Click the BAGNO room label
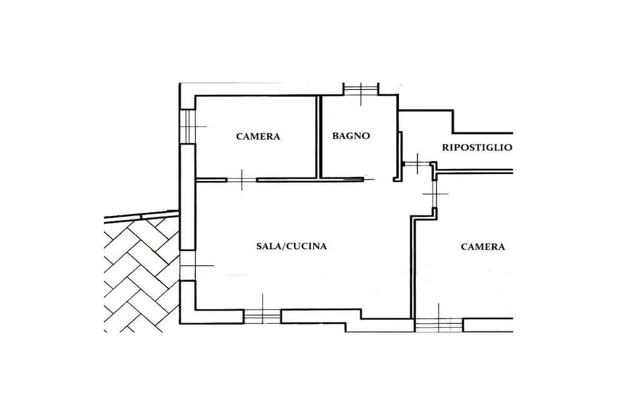pos(351,136)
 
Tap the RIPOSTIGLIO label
pos(477,148)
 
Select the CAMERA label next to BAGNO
pos(258,137)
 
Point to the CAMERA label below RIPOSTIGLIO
pos(483,247)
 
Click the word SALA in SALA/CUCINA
pos(269,246)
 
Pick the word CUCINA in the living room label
pos(307,246)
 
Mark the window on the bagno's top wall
pos(361,89)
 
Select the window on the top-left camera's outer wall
pos(188,126)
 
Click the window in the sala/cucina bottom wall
pos(263,317)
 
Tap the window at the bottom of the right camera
pos(439,325)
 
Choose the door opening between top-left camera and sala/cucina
pos(242,180)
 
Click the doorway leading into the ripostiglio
pos(417,164)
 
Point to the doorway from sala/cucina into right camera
pos(435,194)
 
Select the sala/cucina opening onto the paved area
pos(187,265)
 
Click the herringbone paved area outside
pos(142,275)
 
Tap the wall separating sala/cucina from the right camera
pos(413,267)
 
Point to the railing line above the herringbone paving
pos(142,217)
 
